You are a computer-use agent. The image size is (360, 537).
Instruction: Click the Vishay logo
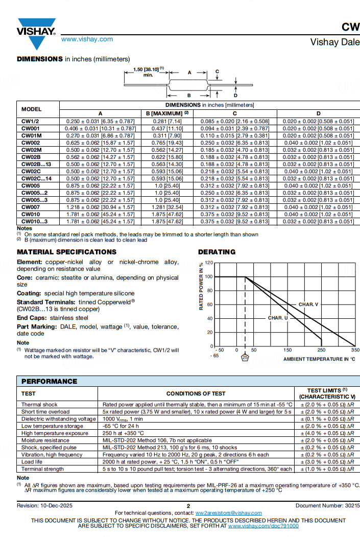coord(36,28)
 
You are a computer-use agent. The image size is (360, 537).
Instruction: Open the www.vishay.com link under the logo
coord(87,39)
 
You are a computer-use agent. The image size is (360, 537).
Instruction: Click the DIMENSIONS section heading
coord(40,59)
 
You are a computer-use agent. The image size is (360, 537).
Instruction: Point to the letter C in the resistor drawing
coord(217,72)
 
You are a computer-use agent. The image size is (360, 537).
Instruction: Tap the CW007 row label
coord(31,207)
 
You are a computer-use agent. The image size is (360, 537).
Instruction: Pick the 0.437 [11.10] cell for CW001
coord(167,128)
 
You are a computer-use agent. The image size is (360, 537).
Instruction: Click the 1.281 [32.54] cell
coord(167,207)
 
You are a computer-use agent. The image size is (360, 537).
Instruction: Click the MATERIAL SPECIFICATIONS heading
coord(66,252)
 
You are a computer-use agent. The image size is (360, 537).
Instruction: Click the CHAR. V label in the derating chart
coord(308,305)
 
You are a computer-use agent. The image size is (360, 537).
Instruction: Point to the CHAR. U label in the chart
coord(278,318)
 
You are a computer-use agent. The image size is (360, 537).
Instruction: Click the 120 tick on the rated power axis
coord(208,263)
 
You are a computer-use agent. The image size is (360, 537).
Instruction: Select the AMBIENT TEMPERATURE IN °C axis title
coord(319,359)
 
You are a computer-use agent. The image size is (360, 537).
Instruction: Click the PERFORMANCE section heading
coord(49,381)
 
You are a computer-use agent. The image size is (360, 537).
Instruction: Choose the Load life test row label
coord(32,461)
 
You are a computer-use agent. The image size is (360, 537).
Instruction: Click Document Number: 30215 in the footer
coord(327,506)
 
